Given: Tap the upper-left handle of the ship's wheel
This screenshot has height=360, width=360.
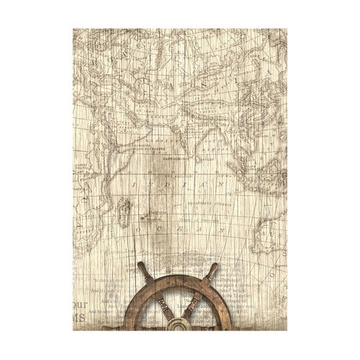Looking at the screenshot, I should pos(142,271).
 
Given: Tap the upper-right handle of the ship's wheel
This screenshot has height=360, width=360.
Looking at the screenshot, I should pos(216,270).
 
